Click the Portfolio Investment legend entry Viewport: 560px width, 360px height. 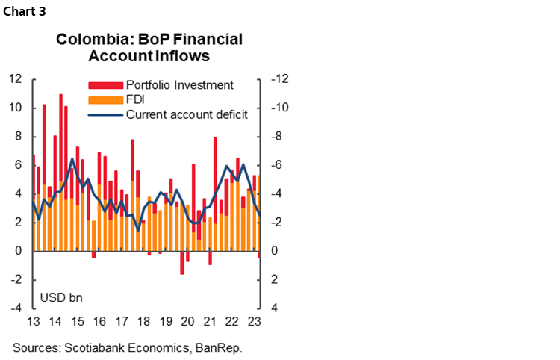179,85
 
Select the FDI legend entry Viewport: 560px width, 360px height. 136,99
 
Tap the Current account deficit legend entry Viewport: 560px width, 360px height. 186,114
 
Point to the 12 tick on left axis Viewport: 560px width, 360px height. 14,79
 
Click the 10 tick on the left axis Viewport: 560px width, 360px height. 14,108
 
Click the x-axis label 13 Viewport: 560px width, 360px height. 33,323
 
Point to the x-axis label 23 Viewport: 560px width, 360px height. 255,323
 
